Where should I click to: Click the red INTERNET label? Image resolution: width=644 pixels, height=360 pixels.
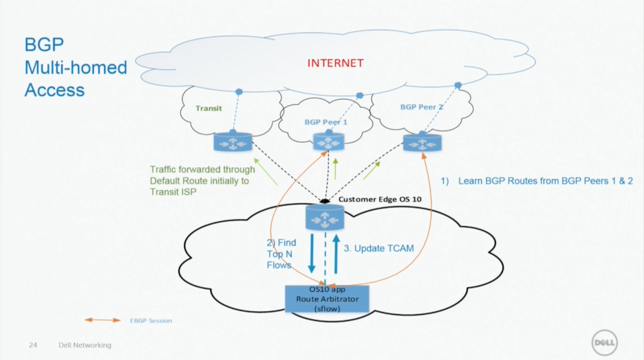click(x=335, y=63)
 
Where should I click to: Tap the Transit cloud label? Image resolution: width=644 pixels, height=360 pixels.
click(x=208, y=108)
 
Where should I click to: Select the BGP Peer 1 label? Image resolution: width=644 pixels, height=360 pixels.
click(x=326, y=122)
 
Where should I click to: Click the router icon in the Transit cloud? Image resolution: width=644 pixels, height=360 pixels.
click(x=233, y=142)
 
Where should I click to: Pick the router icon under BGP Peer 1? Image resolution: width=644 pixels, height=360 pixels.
click(x=328, y=142)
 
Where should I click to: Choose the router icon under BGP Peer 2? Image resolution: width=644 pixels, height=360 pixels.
click(x=422, y=142)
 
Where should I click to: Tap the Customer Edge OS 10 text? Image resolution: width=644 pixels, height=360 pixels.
click(x=380, y=199)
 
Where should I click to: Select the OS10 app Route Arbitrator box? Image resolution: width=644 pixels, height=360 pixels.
click(x=327, y=299)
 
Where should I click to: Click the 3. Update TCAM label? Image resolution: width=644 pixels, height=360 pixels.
click(x=378, y=248)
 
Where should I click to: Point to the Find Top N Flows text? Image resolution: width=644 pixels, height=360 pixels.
click(x=281, y=254)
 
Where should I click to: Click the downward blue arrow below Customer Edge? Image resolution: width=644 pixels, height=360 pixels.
click(x=312, y=253)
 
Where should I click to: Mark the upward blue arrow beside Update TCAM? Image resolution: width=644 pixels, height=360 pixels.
click(x=336, y=253)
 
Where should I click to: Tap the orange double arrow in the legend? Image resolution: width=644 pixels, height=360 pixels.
click(x=103, y=320)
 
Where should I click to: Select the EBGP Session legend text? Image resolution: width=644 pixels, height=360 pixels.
click(x=151, y=321)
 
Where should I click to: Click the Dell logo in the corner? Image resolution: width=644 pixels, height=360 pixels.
click(x=604, y=342)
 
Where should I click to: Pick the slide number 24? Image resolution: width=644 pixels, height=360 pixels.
click(x=33, y=345)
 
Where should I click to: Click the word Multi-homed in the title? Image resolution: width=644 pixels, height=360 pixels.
click(x=76, y=67)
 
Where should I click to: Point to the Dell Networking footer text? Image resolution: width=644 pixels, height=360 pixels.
click(x=85, y=345)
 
